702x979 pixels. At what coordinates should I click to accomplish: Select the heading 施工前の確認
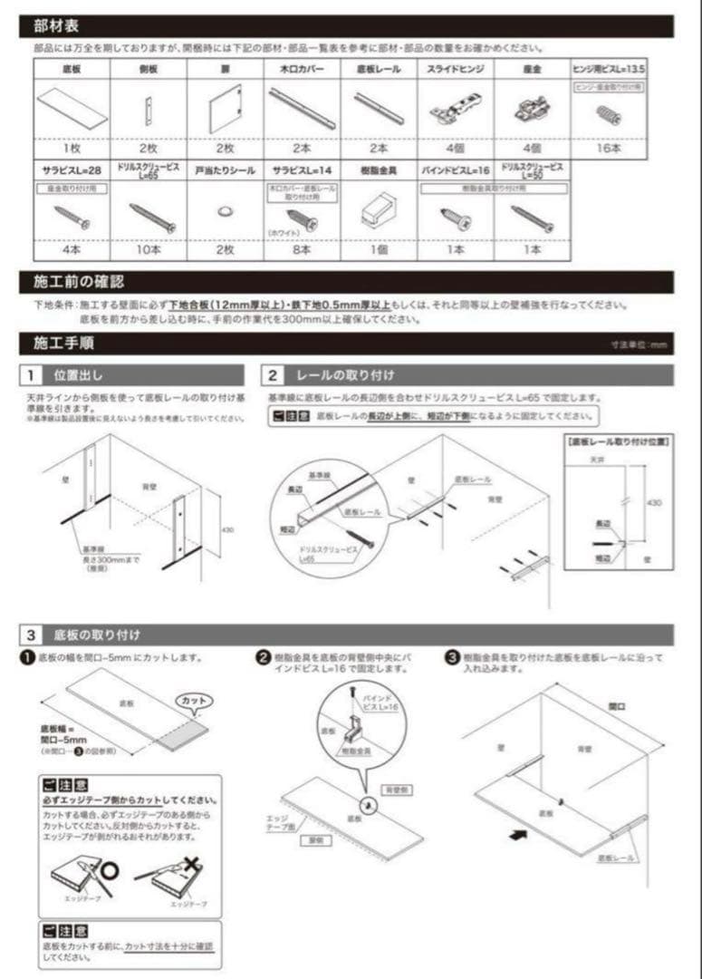click(72, 281)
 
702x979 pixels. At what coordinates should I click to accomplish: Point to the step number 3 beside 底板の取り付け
click(31, 635)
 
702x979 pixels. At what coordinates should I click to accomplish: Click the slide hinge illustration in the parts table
click(455, 111)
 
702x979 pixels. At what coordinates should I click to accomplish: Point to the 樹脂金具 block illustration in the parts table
click(377, 212)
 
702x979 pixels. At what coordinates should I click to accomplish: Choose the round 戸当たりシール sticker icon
click(224, 210)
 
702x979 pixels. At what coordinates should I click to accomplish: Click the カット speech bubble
click(193, 701)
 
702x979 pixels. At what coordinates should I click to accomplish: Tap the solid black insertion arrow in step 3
click(519, 838)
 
